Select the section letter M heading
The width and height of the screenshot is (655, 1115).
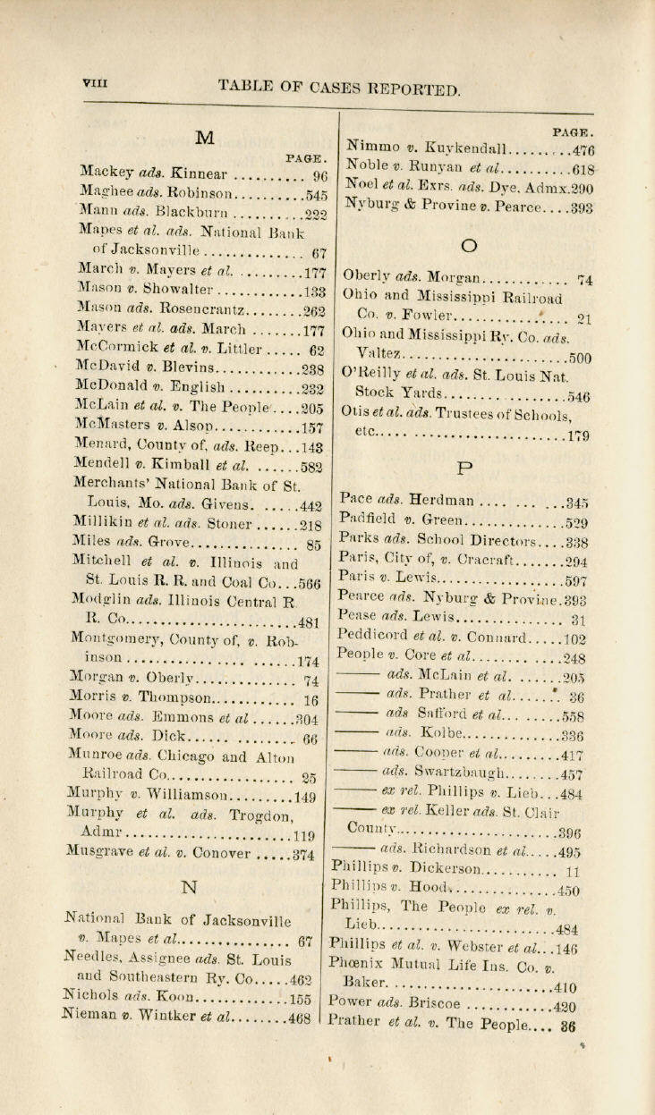coord(205,137)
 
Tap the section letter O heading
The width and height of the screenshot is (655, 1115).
coord(464,245)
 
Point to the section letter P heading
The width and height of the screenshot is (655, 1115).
coord(464,468)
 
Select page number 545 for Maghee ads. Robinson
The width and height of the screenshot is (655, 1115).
coord(315,194)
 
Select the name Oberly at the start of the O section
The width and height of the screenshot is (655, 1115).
coord(367,277)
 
